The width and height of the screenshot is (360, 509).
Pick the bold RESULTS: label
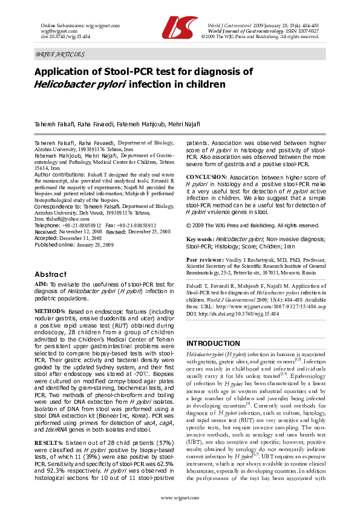click(x=48, y=409)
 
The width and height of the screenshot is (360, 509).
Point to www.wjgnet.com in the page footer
click(x=180, y=497)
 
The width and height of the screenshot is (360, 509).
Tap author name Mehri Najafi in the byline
click(x=184, y=124)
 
